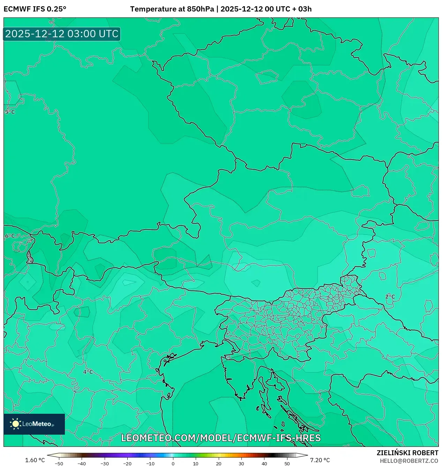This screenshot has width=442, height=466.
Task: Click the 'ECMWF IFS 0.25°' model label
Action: pyautogui.click(x=35, y=9)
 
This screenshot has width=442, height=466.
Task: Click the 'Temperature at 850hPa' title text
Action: pyautogui.click(x=172, y=9)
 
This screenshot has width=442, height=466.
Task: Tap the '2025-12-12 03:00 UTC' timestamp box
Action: pyautogui.click(x=62, y=34)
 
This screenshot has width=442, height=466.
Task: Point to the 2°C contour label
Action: pyautogui.click(x=390, y=297)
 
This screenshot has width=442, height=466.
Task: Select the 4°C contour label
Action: pyautogui.click(x=88, y=372)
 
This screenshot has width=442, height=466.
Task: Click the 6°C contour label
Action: pyautogui.click(x=10, y=236)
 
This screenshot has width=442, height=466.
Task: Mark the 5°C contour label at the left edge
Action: pyautogui.click(x=10, y=112)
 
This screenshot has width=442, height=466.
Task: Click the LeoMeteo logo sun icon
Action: pyautogui.click(x=16, y=424)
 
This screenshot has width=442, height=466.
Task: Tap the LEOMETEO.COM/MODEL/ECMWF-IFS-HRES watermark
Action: pyautogui.click(x=221, y=438)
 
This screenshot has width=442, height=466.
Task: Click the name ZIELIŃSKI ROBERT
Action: pyautogui.click(x=407, y=453)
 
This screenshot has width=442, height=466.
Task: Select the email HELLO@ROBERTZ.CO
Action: pyautogui.click(x=409, y=461)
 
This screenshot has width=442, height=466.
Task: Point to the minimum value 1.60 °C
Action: pyautogui.click(x=35, y=460)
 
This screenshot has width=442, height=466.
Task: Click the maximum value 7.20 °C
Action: pyautogui.click(x=320, y=460)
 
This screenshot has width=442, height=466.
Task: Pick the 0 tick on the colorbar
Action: pyautogui.click(x=173, y=464)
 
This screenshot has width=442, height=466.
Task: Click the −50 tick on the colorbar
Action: pyautogui.click(x=59, y=464)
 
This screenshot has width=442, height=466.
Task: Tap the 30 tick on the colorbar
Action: pyautogui.click(x=241, y=464)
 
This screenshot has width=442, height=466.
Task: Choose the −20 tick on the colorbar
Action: pyautogui.click(x=127, y=464)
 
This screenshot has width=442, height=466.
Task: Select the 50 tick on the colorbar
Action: pyautogui.click(x=287, y=464)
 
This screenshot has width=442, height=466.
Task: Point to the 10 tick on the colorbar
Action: pyautogui.click(x=196, y=464)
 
